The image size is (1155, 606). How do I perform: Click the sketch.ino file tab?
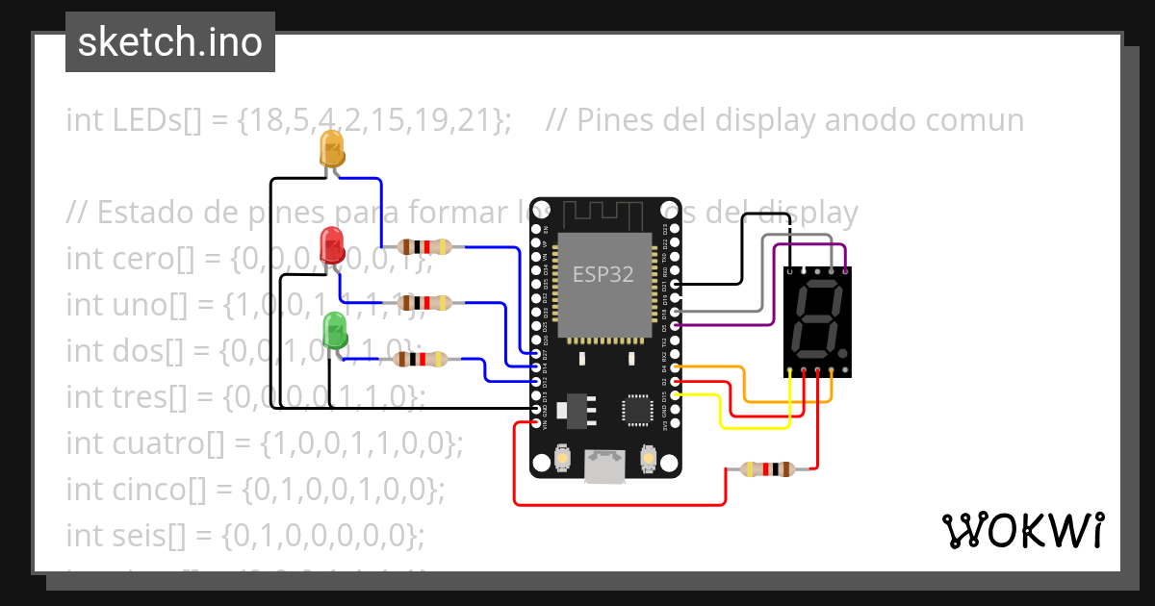tap(170, 42)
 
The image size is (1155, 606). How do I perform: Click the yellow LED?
tap(331, 150)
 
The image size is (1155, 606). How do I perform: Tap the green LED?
tap(336, 329)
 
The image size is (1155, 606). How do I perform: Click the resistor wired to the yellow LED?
tap(424, 247)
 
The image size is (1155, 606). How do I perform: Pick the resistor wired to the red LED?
tap(424, 303)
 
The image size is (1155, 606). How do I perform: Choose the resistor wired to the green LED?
tap(421, 360)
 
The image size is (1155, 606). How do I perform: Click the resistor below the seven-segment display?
tap(767, 469)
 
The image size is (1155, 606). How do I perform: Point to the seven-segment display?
tap(818, 321)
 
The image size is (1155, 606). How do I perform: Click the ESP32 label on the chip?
tap(603, 273)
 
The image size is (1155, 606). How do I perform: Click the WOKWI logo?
tap(1022, 530)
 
